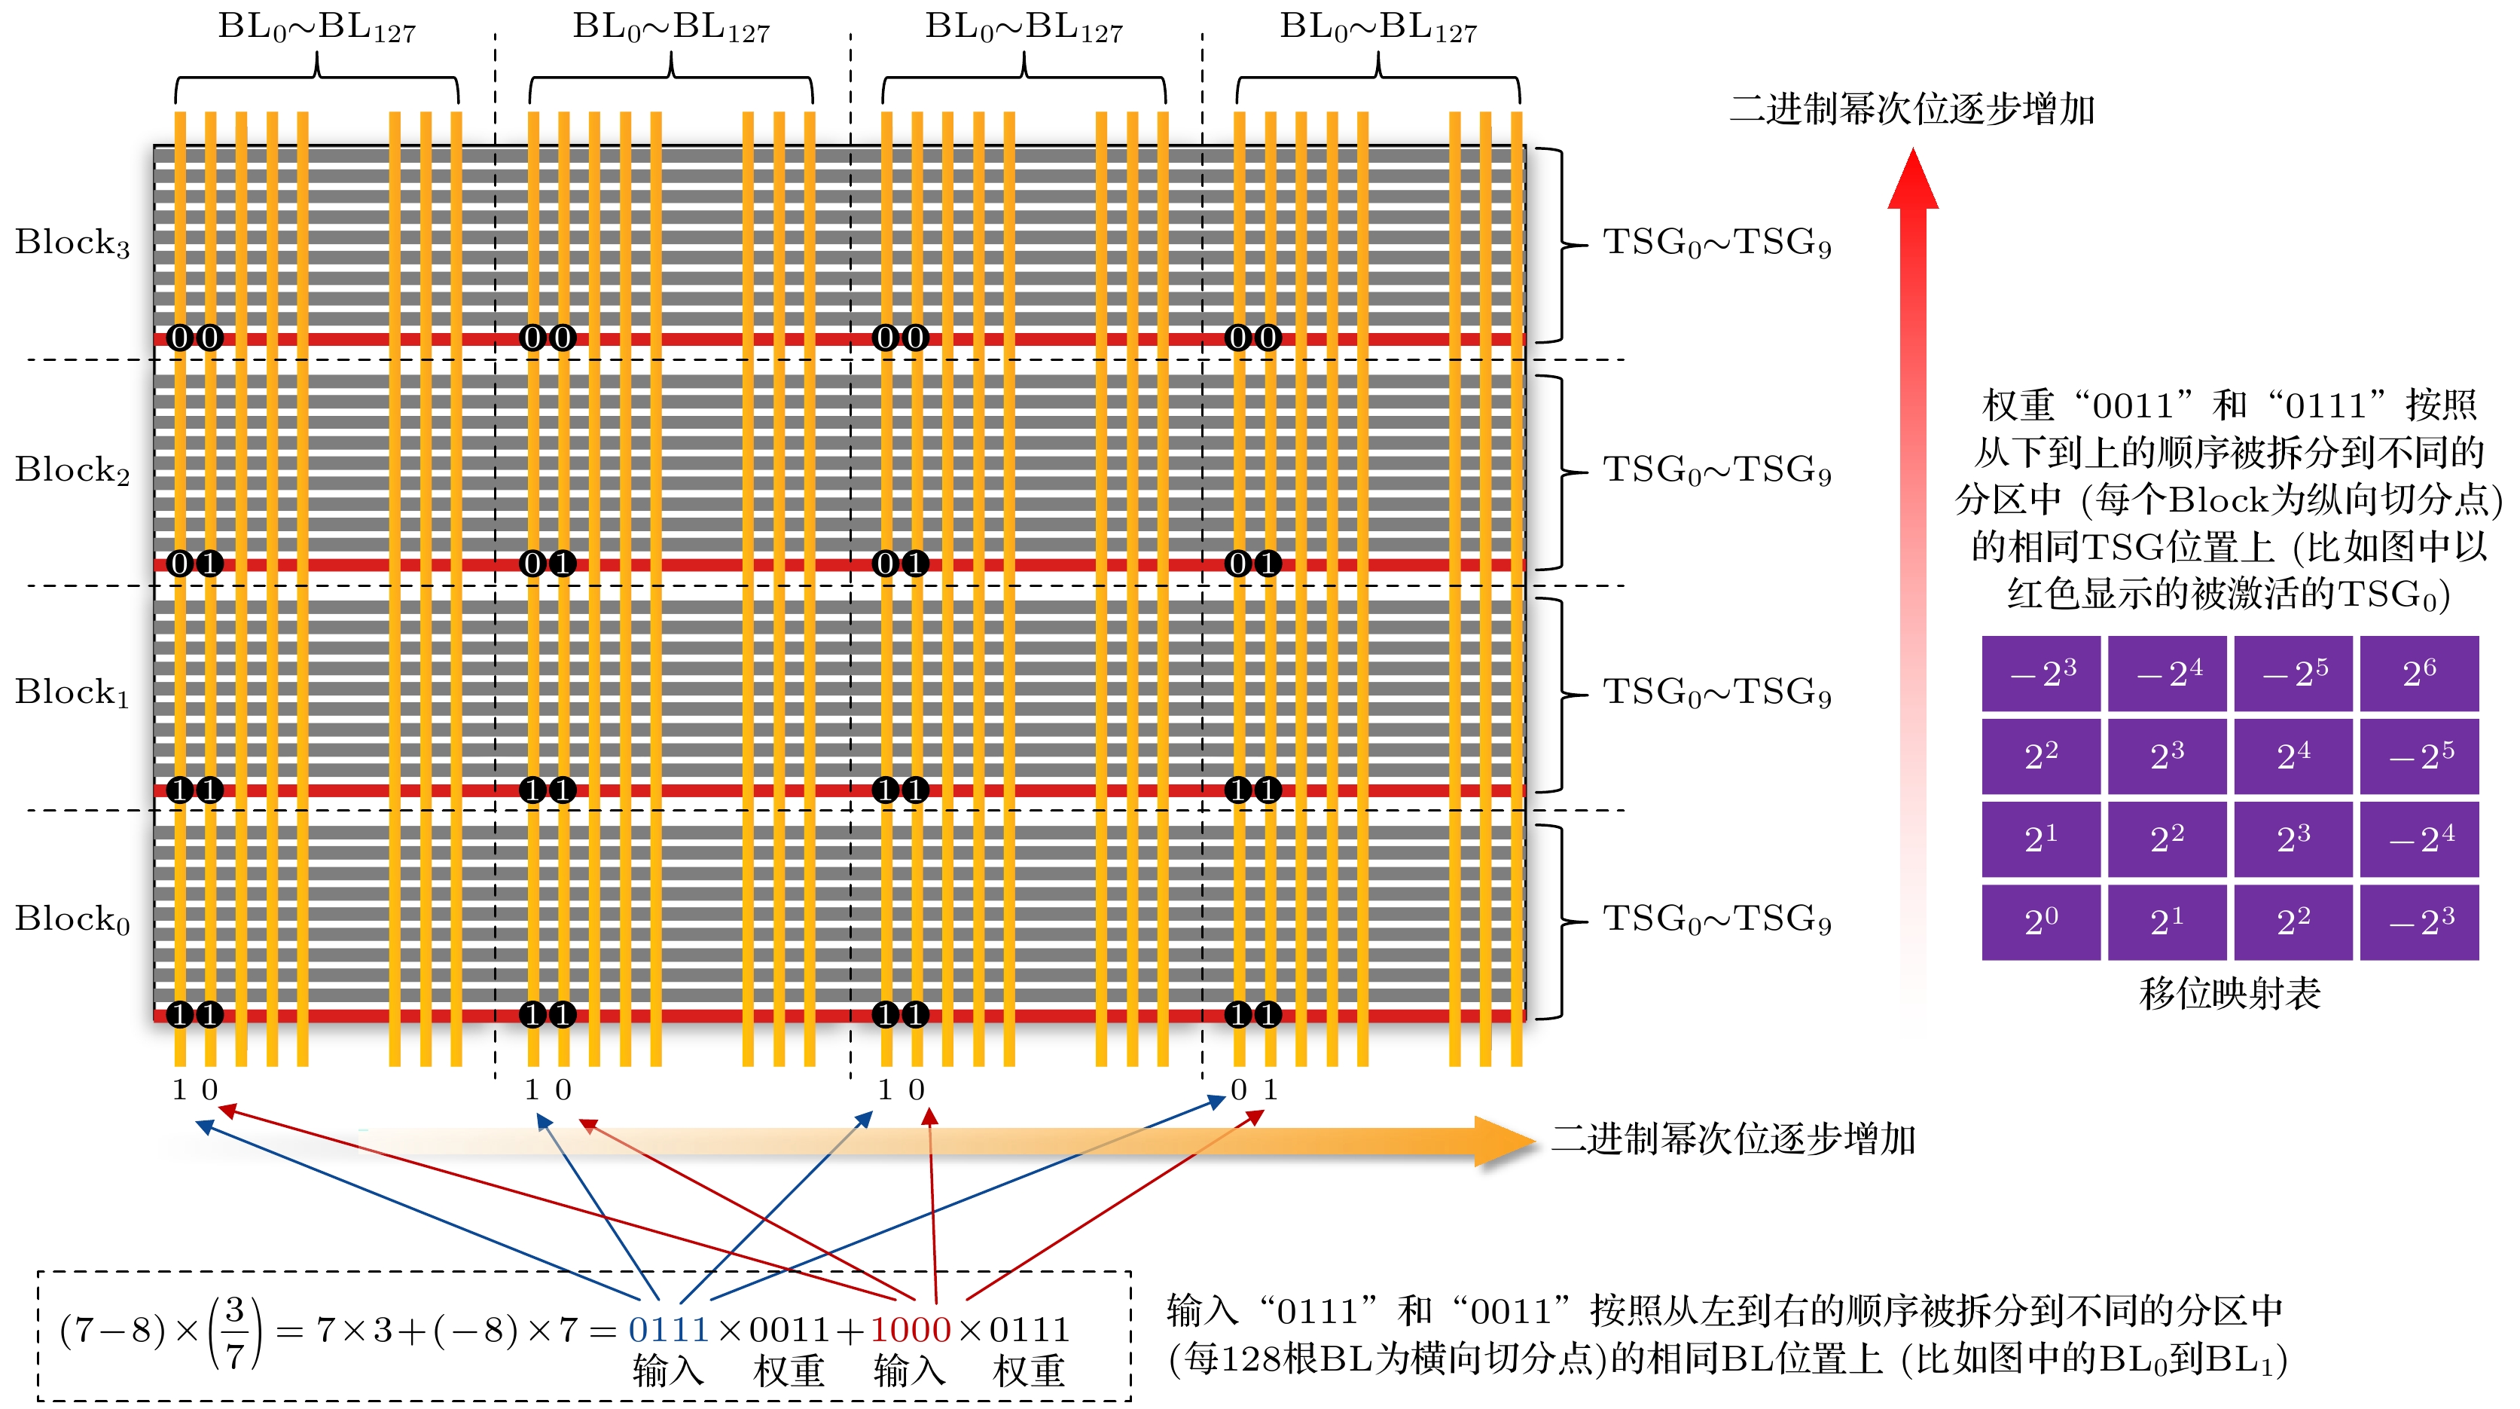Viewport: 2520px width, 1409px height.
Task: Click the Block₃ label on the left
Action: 72,243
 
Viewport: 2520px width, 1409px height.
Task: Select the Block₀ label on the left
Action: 72,918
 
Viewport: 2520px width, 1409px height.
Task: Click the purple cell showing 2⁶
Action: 2418,673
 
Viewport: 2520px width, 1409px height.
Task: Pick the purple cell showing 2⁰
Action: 2041,922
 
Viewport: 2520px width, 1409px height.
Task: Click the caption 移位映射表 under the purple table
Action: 2229,993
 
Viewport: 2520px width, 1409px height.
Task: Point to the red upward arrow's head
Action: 1912,181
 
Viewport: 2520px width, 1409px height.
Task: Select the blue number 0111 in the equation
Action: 668,1330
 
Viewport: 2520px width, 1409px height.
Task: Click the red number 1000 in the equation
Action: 910,1330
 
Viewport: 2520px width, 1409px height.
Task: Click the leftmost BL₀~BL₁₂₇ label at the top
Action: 317,27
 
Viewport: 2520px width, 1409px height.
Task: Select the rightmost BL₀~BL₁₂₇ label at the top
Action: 1378,27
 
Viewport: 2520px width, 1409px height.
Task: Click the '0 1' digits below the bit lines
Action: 1254,1089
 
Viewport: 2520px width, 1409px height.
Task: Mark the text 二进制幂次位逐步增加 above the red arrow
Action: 1911,109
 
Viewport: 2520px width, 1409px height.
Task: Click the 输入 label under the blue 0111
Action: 668,1371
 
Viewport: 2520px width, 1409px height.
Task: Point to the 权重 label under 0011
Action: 789,1371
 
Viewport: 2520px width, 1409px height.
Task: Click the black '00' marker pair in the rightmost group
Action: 1253,338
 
